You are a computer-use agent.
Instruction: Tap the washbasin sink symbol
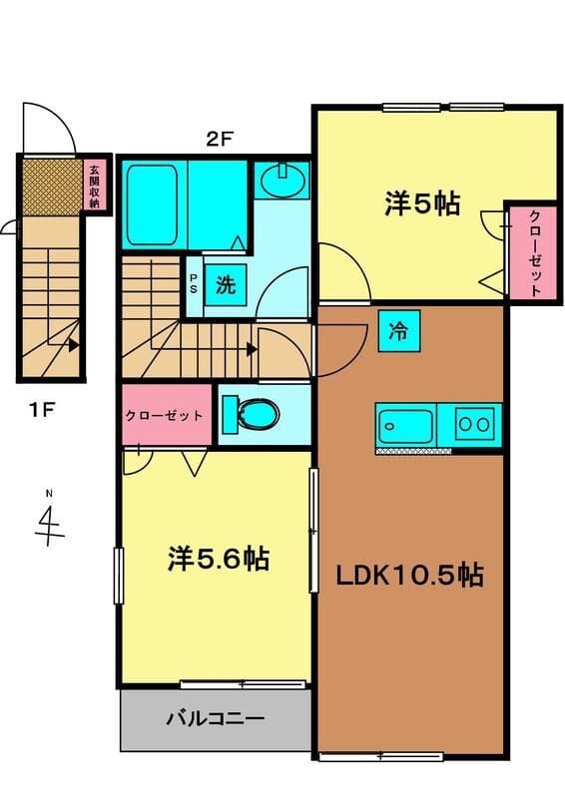click(x=283, y=179)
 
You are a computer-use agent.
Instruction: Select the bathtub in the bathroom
click(x=152, y=204)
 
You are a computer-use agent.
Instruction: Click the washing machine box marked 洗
click(x=226, y=284)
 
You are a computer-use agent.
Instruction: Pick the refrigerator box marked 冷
click(x=399, y=331)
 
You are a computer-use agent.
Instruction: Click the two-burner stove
click(x=475, y=423)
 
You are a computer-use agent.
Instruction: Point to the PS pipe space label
click(x=194, y=283)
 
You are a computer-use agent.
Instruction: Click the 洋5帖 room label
click(x=422, y=203)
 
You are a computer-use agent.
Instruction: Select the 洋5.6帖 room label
click(x=218, y=559)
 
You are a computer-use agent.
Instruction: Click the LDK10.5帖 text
click(x=409, y=576)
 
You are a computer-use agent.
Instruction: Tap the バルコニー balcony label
click(x=216, y=718)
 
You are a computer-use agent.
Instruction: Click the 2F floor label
click(x=219, y=139)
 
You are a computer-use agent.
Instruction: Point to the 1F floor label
click(x=42, y=409)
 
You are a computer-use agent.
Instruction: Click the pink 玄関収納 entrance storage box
click(x=94, y=187)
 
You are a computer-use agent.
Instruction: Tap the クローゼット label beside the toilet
click(x=164, y=416)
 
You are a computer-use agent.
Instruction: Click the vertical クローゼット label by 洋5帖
click(x=534, y=253)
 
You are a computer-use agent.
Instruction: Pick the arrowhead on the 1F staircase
click(x=74, y=345)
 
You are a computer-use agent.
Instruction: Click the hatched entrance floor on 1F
click(x=52, y=187)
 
